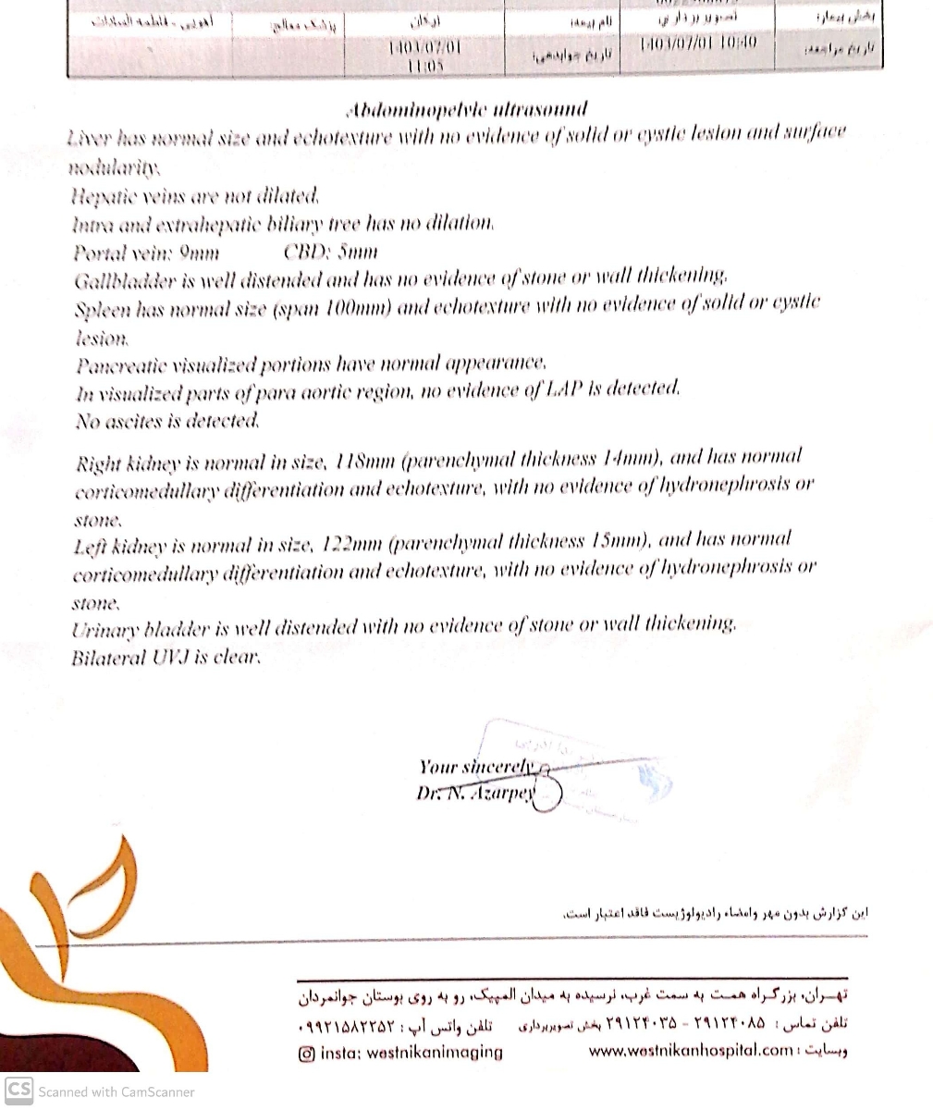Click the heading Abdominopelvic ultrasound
(467, 110)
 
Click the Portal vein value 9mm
(199, 252)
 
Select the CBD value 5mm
(357, 252)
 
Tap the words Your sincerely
(476, 767)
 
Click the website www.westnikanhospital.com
(691, 1051)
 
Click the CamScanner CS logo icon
(18, 1091)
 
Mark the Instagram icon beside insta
(307, 1053)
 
